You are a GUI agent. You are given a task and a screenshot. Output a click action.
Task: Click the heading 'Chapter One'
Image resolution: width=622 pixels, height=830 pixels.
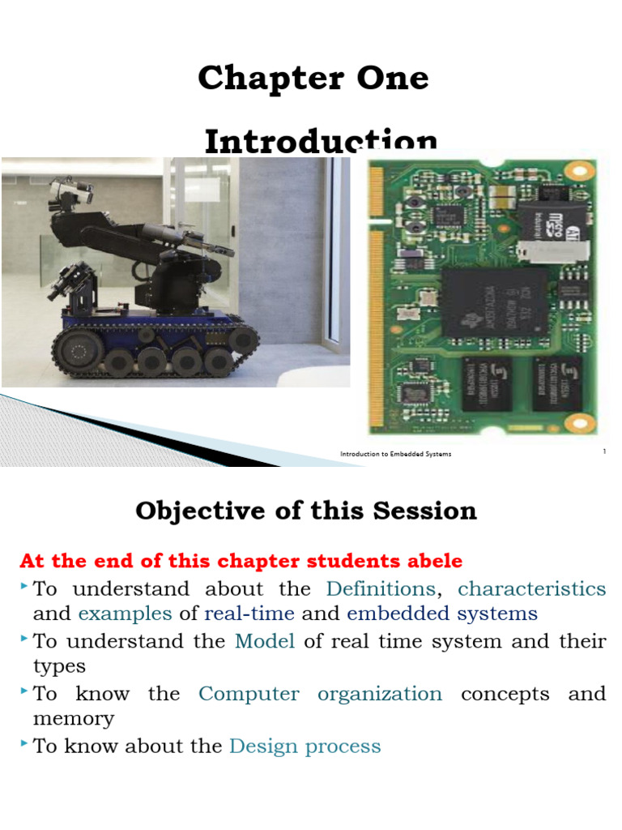point(313,78)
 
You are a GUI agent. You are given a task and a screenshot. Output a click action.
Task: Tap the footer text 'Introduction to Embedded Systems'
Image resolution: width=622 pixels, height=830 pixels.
point(395,454)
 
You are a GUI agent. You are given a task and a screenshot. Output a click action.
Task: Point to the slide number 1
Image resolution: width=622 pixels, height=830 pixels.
point(604,451)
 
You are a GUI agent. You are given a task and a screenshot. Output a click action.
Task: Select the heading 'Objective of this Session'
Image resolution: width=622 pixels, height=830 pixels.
point(306,511)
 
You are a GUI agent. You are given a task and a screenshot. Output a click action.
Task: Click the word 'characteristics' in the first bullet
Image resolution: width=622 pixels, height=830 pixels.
point(531,588)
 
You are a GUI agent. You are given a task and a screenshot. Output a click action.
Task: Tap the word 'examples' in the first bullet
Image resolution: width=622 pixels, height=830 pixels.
point(125,614)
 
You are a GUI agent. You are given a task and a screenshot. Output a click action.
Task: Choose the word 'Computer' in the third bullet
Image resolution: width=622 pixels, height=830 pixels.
point(249,695)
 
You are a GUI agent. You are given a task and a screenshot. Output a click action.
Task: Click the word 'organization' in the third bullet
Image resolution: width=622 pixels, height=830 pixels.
point(380,695)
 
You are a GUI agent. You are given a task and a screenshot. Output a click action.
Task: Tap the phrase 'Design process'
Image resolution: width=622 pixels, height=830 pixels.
point(305,747)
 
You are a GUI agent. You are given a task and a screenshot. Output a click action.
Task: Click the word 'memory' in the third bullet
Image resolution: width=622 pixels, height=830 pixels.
point(74,719)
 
